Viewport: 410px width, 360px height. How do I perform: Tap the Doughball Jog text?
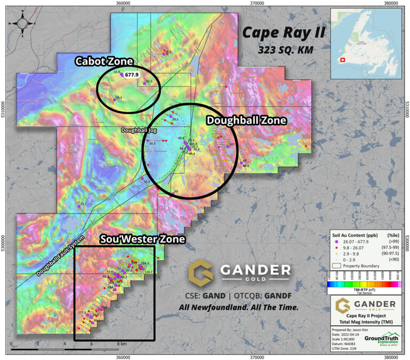pos(137,130)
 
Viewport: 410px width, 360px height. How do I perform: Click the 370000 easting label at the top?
pos(258,4)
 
